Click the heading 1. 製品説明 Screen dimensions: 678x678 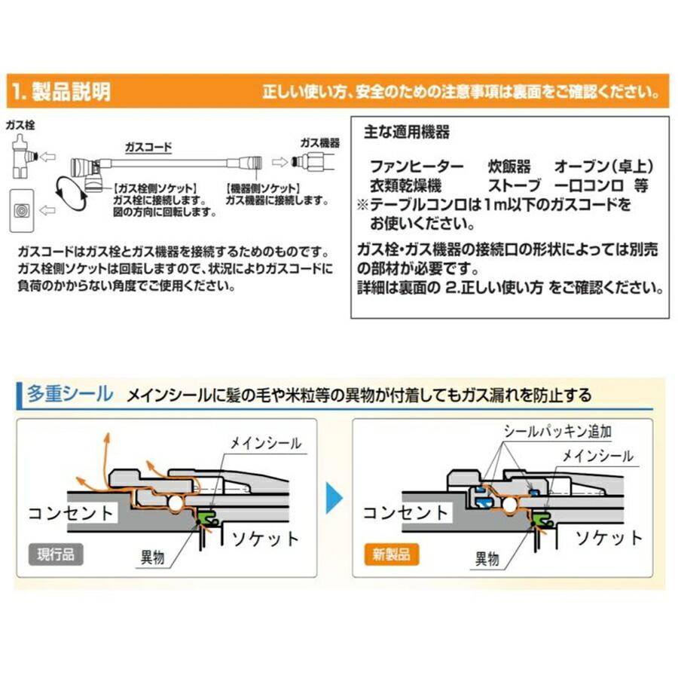pos(61,92)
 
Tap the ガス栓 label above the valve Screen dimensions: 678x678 pos(20,125)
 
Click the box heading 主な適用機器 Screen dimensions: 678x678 pos(406,132)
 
